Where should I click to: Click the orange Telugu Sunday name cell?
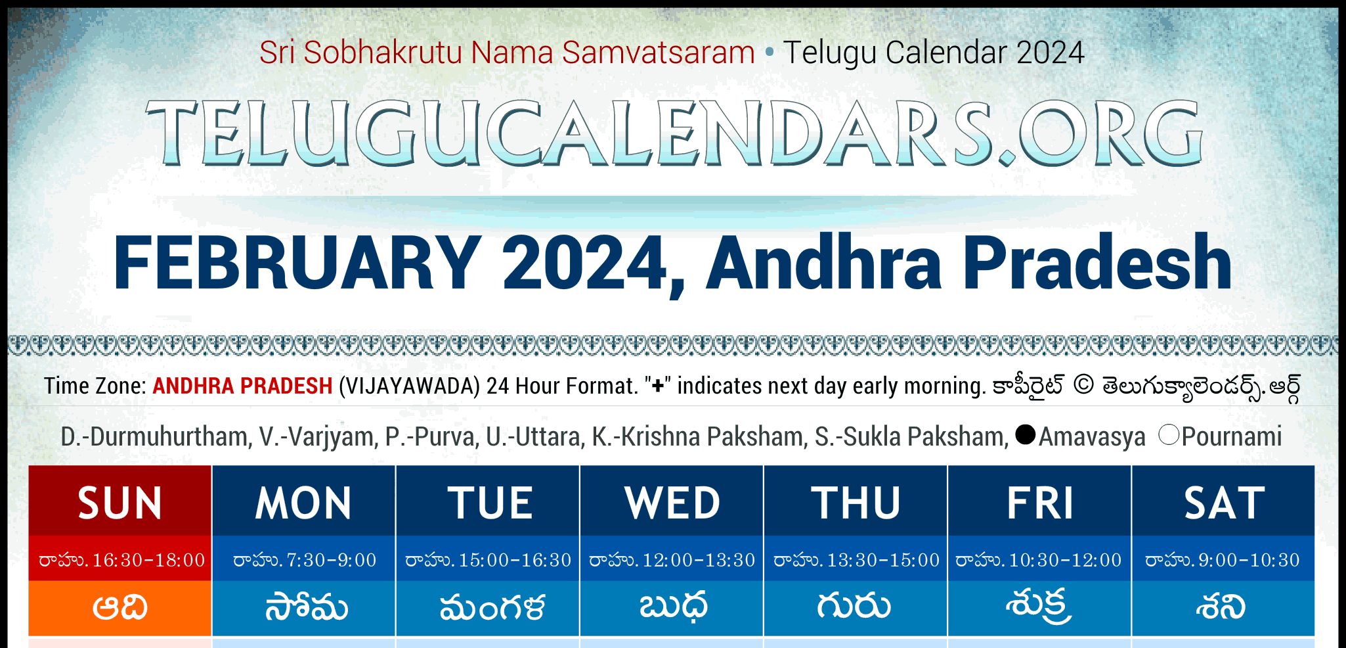pyautogui.click(x=120, y=608)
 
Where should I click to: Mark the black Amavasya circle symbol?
pyautogui.click(x=1025, y=434)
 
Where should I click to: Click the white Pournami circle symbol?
pyautogui.click(x=1169, y=434)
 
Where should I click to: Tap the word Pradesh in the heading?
pyautogui.click(x=1097, y=263)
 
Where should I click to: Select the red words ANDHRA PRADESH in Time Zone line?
pyautogui.click(x=242, y=386)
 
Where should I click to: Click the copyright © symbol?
pyautogui.click(x=1083, y=385)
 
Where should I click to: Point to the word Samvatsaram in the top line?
pyautogui.click(x=659, y=53)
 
